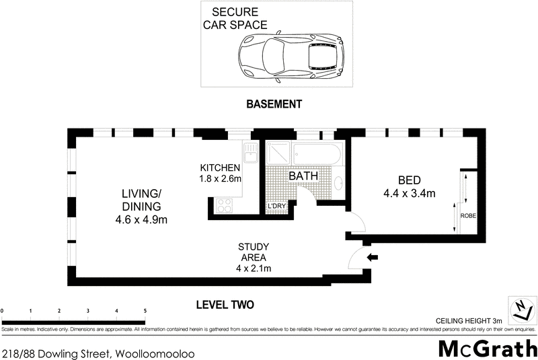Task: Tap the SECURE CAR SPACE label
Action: (239, 19)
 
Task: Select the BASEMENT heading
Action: (274, 104)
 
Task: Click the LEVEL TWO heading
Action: (225, 305)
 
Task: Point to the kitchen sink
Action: (249, 155)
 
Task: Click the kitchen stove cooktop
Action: (223, 205)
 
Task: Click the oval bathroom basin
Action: (339, 182)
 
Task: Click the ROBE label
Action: (468, 216)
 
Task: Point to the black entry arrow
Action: (373, 256)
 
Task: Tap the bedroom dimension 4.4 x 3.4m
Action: (409, 194)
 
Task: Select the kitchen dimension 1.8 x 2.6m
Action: (220, 180)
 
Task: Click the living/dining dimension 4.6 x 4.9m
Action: (141, 219)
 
